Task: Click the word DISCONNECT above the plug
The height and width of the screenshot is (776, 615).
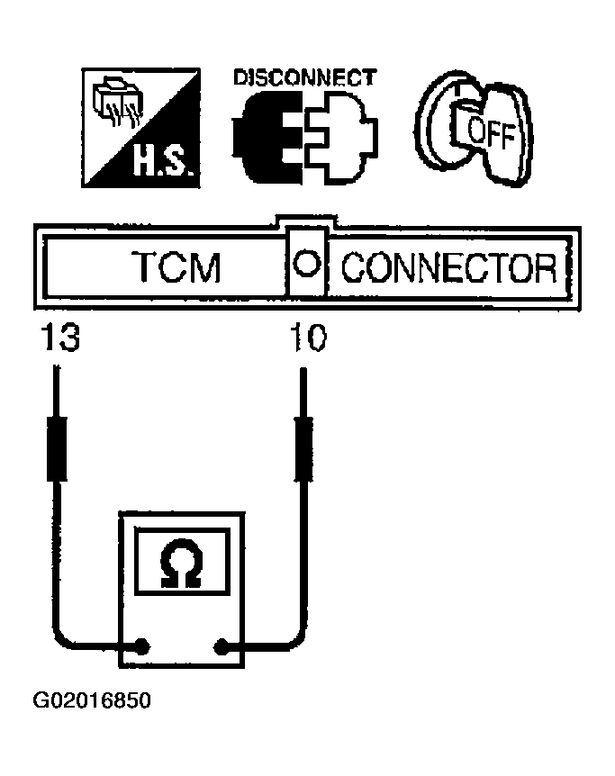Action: coord(305,77)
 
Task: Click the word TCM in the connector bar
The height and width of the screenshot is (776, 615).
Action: coord(176,267)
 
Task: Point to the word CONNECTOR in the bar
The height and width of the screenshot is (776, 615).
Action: coord(449,267)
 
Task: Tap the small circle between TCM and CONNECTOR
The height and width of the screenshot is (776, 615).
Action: coord(306,262)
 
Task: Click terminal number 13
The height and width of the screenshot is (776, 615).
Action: coord(60,337)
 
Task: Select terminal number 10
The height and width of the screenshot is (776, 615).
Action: coord(308,338)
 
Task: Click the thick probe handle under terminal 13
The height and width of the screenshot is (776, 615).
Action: coord(57,449)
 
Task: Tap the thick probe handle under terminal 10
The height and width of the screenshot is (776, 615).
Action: coord(303,449)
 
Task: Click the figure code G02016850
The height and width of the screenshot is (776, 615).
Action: coord(92,700)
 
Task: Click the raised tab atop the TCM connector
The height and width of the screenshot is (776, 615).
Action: coord(306,221)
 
